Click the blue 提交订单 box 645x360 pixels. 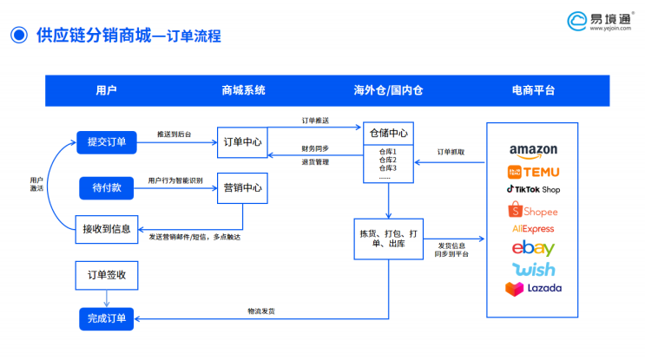tap(106, 141)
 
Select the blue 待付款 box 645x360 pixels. tap(106, 187)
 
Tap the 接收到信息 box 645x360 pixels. tap(106, 228)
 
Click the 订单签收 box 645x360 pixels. tap(106, 275)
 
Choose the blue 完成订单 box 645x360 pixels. tap(106, 319)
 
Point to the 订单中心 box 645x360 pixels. tap(242, 141)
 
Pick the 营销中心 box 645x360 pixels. tap(242, 187)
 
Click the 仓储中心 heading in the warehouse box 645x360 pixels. tap(388, 134)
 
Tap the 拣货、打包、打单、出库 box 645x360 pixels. tap(388, 239)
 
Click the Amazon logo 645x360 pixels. tap(533, 150)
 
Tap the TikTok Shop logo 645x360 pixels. tap(533, 189)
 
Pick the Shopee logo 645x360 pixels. tap(533, 210)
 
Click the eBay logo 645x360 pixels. tap(533, 248)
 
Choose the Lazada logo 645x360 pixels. tap(533, 287)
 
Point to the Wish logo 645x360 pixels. tap(533, 268)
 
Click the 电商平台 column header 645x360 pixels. tap(533, 90)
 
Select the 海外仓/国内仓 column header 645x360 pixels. tap(388, 90)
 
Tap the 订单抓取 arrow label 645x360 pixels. tap(450, 152)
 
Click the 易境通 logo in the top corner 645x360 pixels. tap(598, 21)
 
